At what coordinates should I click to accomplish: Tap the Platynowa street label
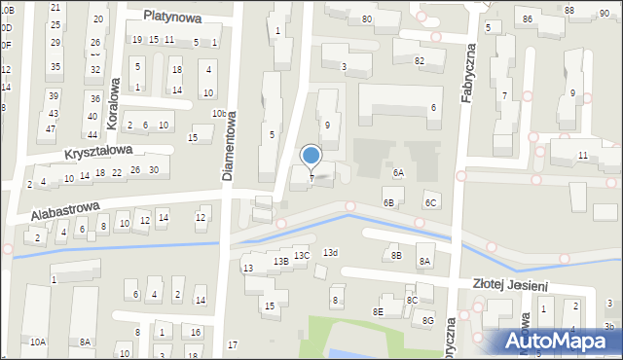[x=171, y=16]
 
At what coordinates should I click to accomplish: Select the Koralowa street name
[x=115, y=95]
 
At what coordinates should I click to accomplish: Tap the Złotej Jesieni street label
[x=510, y=286]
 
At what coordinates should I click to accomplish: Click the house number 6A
[x=398, y=172]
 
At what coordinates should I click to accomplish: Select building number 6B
[x=388, y=202]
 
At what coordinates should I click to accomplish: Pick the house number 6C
[x=430, y=202]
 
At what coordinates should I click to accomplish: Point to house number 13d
[x=331, y=253]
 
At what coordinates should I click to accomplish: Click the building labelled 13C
[x=303, y=256]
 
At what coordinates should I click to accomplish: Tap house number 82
[x=420, y=61]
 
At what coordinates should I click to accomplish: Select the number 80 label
[x=367, y=19]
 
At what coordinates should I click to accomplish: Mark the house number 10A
[x=37, y=342]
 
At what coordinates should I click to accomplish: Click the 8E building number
[x=378, y=311]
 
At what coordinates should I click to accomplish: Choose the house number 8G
[x=427, y=321]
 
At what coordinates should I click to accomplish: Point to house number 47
[x=50, y=129]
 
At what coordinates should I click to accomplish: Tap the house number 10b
[x=220, y=114]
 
